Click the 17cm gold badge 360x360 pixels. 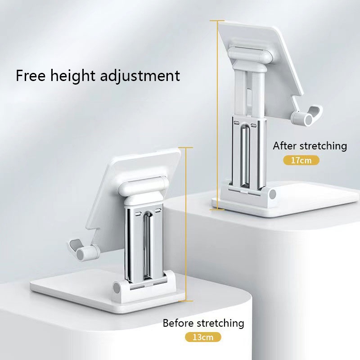click(301, 160)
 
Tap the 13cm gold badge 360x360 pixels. click(203, 337)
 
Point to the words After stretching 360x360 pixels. click(310, 145)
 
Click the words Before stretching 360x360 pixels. click(203, 323)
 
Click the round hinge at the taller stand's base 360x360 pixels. click(271, 194)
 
